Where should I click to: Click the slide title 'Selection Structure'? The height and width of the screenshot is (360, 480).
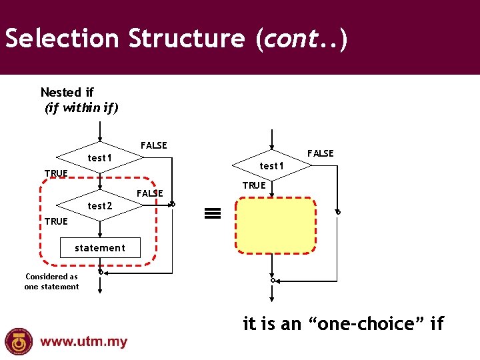[125, 39]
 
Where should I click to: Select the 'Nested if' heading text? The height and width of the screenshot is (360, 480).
[67, 92]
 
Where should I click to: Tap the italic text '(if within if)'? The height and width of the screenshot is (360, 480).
[81, 107]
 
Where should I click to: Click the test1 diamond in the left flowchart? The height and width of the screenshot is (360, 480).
[99, 158]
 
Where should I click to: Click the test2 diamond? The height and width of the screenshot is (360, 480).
[99, 206]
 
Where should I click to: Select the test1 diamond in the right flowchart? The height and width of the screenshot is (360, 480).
[271, 165]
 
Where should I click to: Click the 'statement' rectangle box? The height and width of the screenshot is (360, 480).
[99, 248]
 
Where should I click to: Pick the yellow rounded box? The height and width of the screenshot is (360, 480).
[276, 226]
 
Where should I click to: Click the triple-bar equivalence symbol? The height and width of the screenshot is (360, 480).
[212, 213]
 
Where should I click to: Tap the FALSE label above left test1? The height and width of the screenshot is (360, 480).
[153, 145]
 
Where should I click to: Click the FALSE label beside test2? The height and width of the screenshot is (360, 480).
[149, 193]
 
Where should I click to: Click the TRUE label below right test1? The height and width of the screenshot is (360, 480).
[254, 185]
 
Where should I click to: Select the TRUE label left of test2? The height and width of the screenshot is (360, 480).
[56, 221]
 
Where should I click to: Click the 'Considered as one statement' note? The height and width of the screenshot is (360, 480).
[51, 281]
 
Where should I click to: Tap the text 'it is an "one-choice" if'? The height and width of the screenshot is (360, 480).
[343, 324]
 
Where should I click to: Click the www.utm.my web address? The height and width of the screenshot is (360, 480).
[83, 342]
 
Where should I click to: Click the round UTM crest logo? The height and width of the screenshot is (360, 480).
[19, 341]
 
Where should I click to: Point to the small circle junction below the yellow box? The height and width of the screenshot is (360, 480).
[272, 281]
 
